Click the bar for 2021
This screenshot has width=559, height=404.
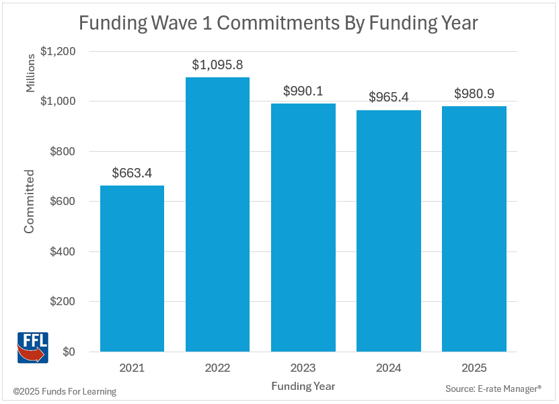[132, 268]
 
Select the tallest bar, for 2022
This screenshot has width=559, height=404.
[217, 214]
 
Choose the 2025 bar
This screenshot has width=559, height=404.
[474, 229]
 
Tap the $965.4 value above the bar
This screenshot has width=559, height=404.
[389, 97]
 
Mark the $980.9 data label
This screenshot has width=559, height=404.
[474, 94]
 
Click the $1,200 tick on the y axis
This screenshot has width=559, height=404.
[59, 51]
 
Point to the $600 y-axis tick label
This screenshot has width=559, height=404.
[62, 202]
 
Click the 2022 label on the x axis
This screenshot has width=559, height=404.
[217, 368]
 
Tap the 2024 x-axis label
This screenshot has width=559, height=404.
[388, 368]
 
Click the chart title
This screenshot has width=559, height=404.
[278, 24]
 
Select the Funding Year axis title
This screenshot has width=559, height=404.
[303, 387]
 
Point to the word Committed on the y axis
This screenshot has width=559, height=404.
[29, 201]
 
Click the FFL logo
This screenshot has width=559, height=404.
[32, 347]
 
